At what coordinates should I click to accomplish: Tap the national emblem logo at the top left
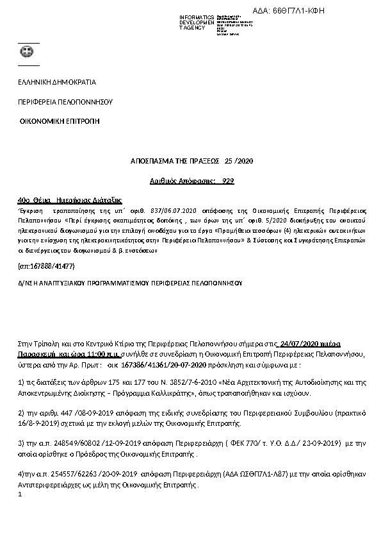coord(28,53)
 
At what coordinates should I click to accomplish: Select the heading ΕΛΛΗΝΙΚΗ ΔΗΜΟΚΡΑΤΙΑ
coord(56,83)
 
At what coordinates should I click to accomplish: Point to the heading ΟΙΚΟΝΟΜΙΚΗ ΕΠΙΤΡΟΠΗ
coord(60,121)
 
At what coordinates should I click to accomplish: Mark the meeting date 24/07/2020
coord(300,344)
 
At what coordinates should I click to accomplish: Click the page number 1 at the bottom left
coord(21,494)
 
